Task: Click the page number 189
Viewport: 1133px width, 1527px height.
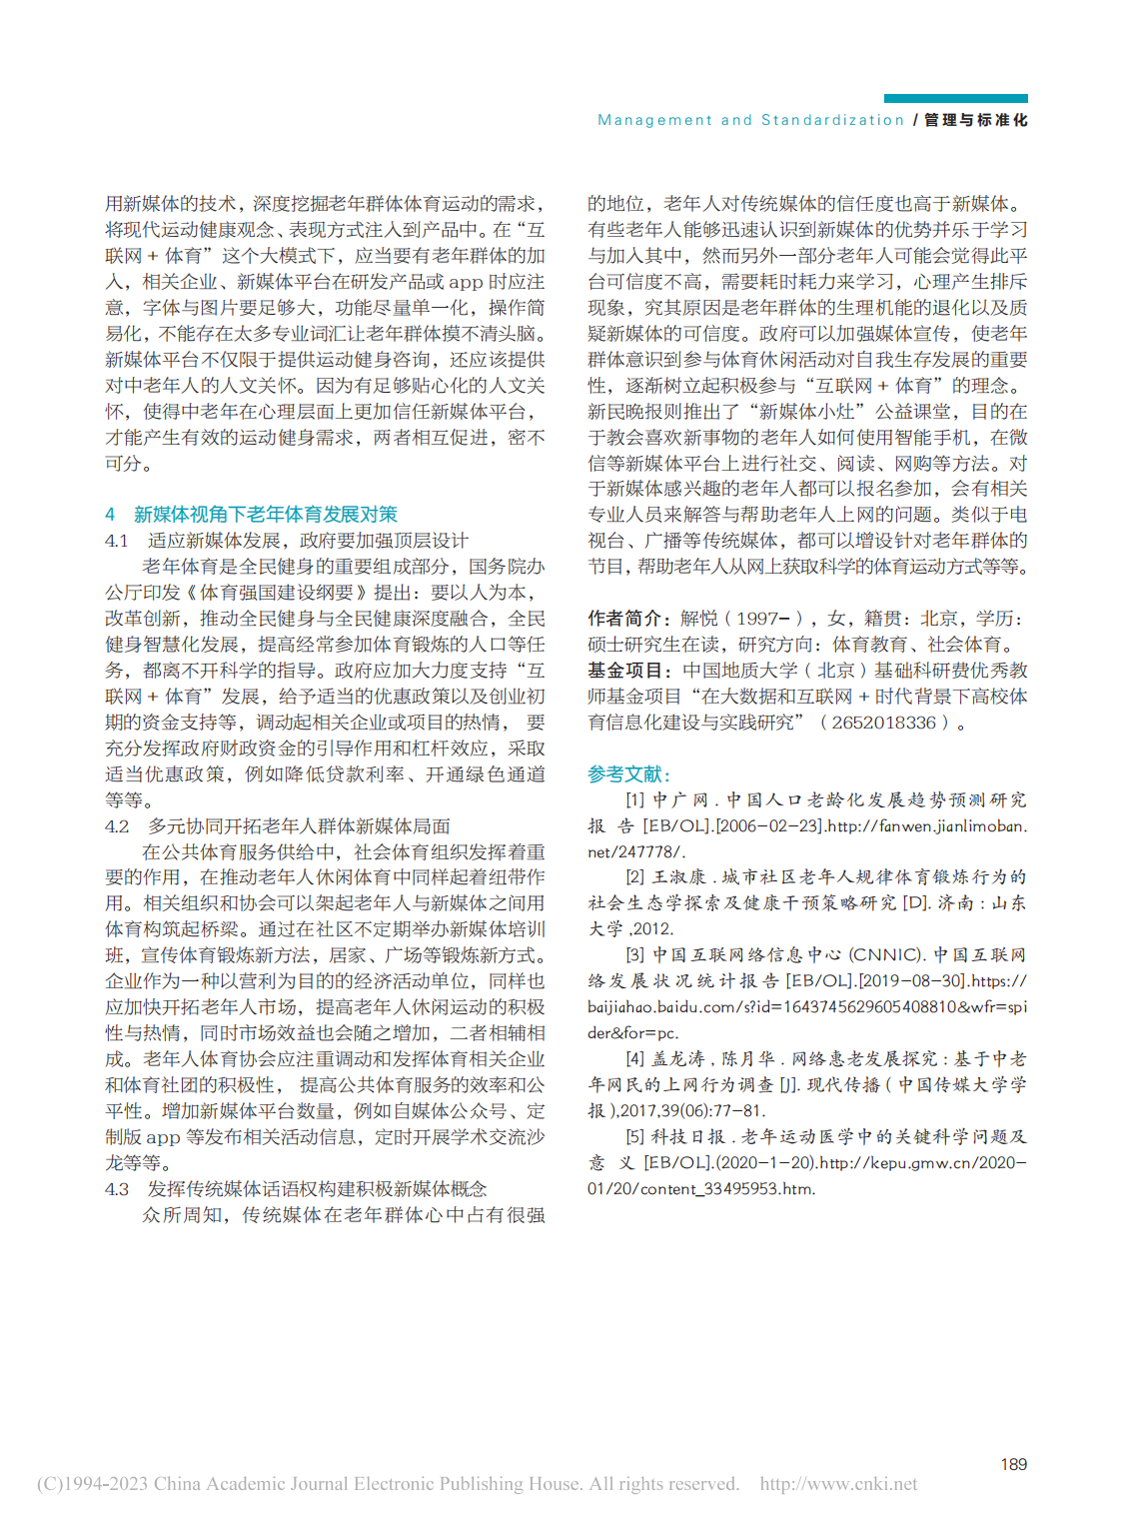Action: [1013, 1464]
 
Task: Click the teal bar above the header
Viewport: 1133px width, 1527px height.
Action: [955, 98]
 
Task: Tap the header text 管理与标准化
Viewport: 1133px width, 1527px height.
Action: [976, 120]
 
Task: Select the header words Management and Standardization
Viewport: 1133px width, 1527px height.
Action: [750, 120]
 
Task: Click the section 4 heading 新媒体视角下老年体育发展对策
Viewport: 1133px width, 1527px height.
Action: [265, 514]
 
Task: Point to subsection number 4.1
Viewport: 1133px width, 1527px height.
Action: [116, 541]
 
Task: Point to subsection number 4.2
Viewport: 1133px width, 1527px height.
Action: [117, 826]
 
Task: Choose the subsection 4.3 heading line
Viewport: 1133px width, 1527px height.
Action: [296, 1189]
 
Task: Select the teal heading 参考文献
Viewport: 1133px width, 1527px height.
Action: [628, 774]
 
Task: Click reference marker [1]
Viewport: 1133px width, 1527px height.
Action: [635, 800]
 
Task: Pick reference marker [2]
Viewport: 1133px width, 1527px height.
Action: [635, 877]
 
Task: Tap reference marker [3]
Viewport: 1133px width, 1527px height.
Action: [635, 955]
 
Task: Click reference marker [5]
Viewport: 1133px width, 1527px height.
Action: [635, 1137]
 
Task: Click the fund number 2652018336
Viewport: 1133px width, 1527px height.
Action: [883, 723]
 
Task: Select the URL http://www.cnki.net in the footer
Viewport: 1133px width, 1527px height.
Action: [838, 1484]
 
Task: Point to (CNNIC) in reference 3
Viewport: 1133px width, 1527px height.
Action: [886, 955]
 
